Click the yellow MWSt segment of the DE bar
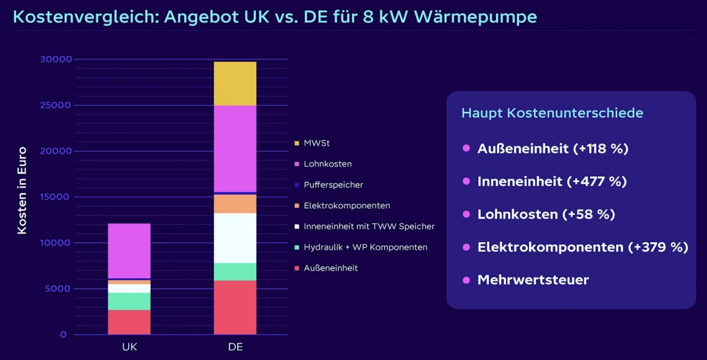coord(235,83)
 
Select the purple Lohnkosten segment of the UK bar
coord(129,250)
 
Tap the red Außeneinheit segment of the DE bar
coord(235,307)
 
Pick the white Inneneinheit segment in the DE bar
coord(235,238)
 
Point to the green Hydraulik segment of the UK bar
coord(129,301)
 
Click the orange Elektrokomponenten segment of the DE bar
coord(235,204)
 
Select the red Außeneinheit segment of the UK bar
coord(129,322)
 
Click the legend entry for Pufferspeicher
coord(333,185)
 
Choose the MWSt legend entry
coord(316,143)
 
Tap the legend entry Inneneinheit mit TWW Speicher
coord(369,226)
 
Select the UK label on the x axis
coord(129,347)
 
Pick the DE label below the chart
coord(235,347)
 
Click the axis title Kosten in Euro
coord(22,190)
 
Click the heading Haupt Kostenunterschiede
coord(552,113)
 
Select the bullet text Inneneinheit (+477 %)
coord(552,181)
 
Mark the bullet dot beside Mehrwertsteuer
coord(466,280)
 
